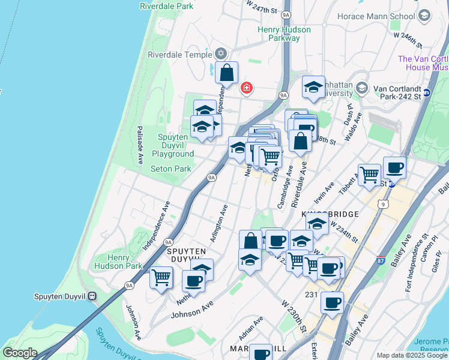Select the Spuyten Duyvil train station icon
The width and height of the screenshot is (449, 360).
pos(92,296)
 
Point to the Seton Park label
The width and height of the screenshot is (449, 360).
pos(170,169)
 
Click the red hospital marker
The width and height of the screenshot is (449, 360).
pos(246,88)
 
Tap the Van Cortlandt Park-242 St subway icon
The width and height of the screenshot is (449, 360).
pos(427,92)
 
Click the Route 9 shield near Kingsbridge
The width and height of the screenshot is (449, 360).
pos(382,205)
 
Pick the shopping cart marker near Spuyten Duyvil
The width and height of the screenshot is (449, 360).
pos(161,278)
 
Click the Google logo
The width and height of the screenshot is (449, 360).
pos(20,353)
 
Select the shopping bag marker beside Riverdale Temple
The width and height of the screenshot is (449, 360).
pos(227,73)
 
